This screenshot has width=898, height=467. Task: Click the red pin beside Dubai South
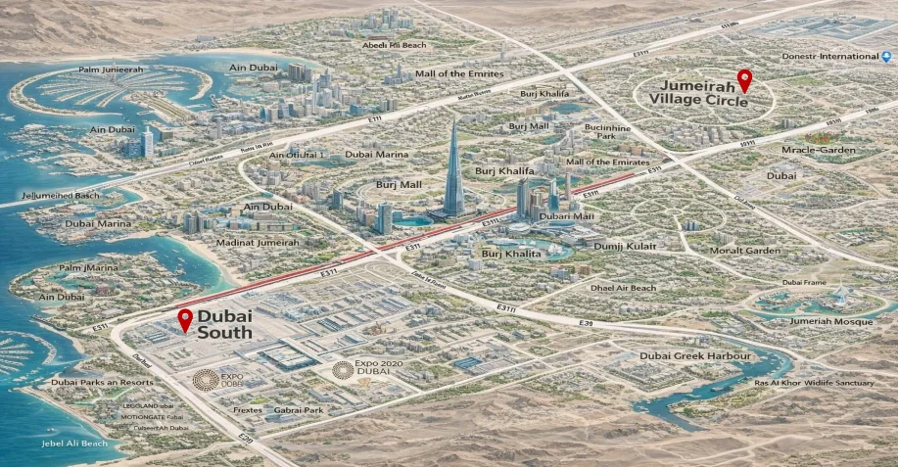(185, 319)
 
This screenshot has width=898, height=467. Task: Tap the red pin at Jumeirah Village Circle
(744, 80)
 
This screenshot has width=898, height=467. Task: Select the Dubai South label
(225, 325)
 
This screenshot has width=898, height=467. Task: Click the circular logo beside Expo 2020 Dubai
(342, 369)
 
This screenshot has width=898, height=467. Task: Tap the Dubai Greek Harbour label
(695, 356)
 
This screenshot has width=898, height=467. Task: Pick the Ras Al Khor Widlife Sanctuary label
(813, 382)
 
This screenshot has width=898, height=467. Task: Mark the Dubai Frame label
(805, 283)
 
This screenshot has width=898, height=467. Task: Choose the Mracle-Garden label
(819, 151)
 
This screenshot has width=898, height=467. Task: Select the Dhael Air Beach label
(624, 288)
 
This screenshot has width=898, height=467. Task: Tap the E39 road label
(586, 323)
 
